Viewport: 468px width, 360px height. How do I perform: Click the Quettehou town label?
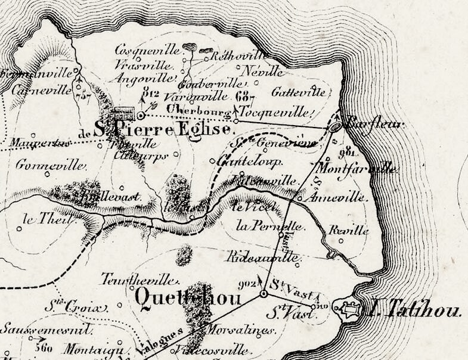[x=188, y=297]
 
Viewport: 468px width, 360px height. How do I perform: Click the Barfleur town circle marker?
[x=336, y=126]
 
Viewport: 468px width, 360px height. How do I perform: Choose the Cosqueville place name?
[x=144, y=50]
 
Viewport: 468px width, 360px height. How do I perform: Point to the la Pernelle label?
[x=271, y=226]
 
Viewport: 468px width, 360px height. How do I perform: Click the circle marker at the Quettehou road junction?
[x=264, y=294]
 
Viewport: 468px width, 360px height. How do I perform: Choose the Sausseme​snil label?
[x=45, y=329]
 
